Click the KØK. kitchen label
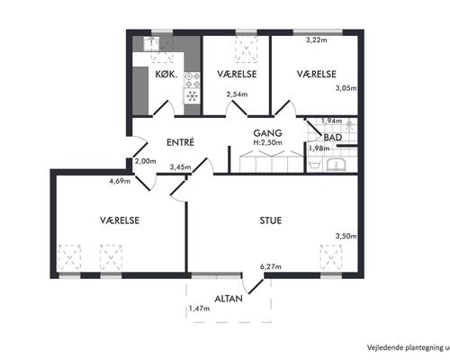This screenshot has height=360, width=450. tap(166, 74)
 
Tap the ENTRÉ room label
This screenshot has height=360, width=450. tap(181, 142)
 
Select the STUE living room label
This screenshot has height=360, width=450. tap(271, 220)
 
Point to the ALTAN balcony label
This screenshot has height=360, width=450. tap(229, 299)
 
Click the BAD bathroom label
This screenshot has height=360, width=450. tap(333, 138)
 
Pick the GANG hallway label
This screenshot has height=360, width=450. tap(267, 133)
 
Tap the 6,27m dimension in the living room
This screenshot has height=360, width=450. tap(271, 266)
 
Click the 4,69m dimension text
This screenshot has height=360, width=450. tap(120, 181)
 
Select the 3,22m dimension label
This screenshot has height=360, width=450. tap(316, 40)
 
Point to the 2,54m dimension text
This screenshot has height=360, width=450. tap(237, 94)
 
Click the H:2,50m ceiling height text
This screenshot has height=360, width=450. tap(268, 142)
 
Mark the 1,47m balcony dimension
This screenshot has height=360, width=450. tap(199, 308)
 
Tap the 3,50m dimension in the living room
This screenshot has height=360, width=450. tap(346, 236)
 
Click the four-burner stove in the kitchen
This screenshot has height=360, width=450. tap(193, 80)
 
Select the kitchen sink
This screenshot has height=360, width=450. tap(152, 44)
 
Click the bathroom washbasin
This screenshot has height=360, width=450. tap(337, 166)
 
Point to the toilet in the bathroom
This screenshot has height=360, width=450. tap(314, 166)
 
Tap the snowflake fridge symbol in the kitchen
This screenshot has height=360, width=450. tap(192, 96)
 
